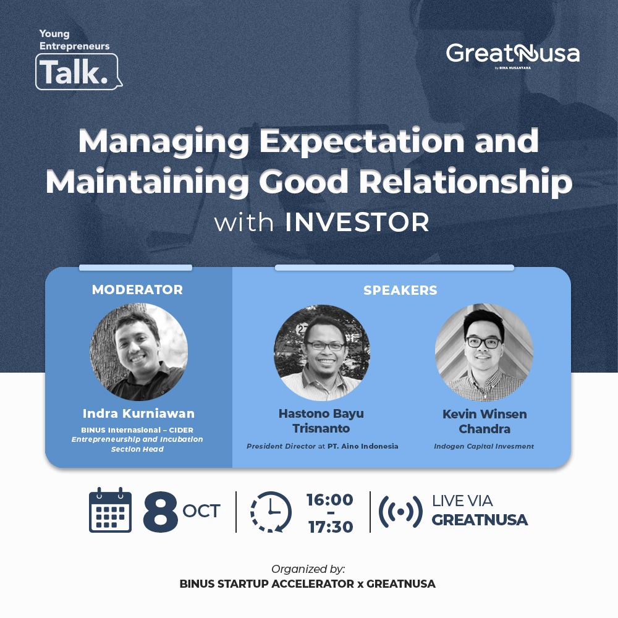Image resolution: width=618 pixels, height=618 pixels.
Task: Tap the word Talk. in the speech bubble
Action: coord(74,72)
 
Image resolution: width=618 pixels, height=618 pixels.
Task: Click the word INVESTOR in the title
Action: coord(357,222)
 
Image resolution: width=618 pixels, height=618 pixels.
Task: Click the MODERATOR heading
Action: coord(137,290)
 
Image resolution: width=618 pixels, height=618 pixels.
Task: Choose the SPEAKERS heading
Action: coord(400,290)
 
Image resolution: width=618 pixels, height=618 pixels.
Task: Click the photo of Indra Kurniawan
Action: coord(138,352)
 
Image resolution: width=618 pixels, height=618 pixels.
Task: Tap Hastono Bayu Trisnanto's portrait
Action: coord(322,353)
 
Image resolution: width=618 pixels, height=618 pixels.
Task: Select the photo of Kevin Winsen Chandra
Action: coord(484,352)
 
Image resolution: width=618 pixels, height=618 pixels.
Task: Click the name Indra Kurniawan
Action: coord(138,413)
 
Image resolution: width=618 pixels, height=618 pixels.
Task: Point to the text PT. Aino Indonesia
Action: coord(363,446)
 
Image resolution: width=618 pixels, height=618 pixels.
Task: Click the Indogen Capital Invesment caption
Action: coord(484,446)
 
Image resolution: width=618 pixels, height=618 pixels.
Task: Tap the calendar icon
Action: coord(110,510)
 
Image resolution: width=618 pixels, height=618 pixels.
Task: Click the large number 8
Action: coord(160,511)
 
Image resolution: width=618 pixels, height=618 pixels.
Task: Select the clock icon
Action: coord(271,512)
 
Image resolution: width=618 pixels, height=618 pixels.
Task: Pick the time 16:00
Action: coord(330,500)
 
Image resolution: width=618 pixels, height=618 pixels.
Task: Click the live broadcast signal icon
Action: coord(400,512)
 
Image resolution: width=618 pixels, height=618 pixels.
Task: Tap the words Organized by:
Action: coord(308,569)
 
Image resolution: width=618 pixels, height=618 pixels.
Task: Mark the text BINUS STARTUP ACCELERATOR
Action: coord(266,584)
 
